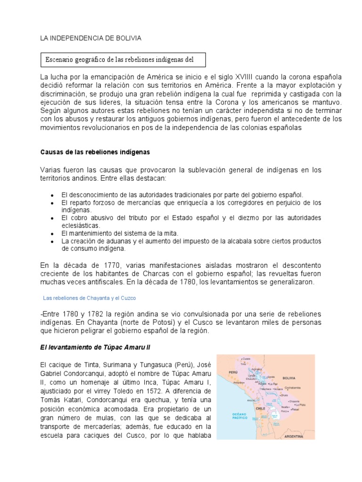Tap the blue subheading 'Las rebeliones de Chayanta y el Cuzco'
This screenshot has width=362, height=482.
click(89, 298)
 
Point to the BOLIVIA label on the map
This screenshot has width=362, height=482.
click(288, 378)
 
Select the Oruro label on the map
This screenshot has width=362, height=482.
click(284, 395)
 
